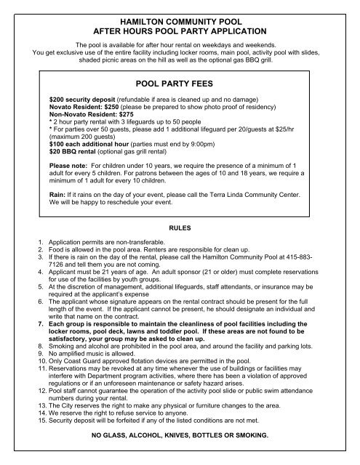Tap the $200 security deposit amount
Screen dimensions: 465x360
point(56,98)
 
